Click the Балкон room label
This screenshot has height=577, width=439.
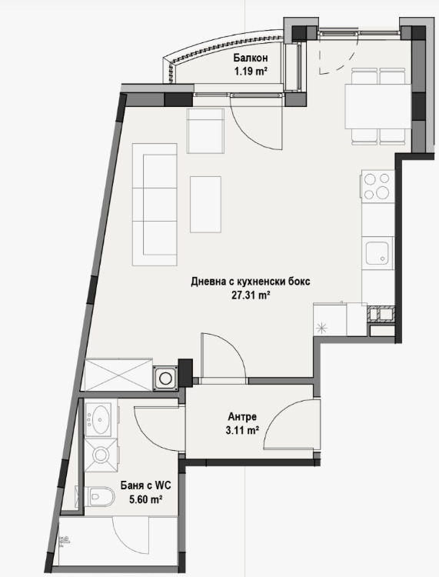coord(251,58)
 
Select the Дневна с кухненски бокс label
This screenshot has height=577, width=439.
coord(251,282)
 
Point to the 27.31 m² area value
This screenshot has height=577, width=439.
coord(251,295)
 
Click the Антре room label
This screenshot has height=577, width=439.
coord(242,416)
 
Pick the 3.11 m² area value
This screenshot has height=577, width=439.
coord(242,430)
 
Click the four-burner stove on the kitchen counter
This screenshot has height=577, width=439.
coord(377,185)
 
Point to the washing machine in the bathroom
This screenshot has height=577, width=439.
coord(99,455)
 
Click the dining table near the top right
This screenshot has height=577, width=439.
coord(377,105)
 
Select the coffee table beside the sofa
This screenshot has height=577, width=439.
coord(205,203)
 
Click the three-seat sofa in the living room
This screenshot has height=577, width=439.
coord(155,203)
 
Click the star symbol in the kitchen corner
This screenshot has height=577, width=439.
coord(322,327)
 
